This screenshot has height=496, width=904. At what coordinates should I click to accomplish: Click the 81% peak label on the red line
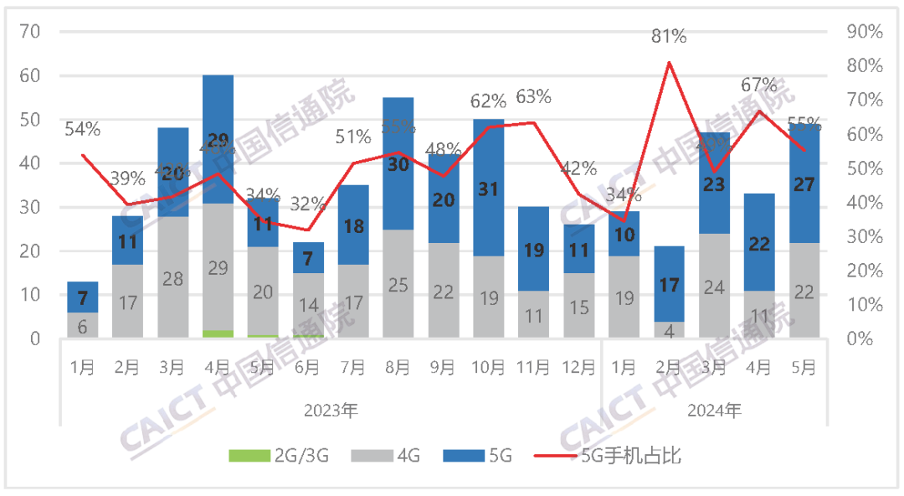coord(670,36)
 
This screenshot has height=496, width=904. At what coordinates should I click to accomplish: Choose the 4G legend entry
coord(384,456)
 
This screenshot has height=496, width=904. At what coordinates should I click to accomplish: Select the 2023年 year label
coord(331,411)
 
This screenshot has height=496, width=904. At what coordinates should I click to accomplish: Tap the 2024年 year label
coord(715,411)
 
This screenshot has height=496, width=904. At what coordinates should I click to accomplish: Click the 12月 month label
coord(579,367)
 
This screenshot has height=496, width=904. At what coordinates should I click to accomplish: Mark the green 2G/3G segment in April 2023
coord(218,333)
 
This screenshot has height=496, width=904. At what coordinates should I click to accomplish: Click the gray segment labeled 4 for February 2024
coord(670,329)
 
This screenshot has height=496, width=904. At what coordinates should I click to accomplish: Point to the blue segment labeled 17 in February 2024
coord(670,284)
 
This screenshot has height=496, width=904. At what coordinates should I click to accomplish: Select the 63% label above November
coord(533,96)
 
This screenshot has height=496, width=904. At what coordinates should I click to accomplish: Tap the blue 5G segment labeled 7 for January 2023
coord(82,297)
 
